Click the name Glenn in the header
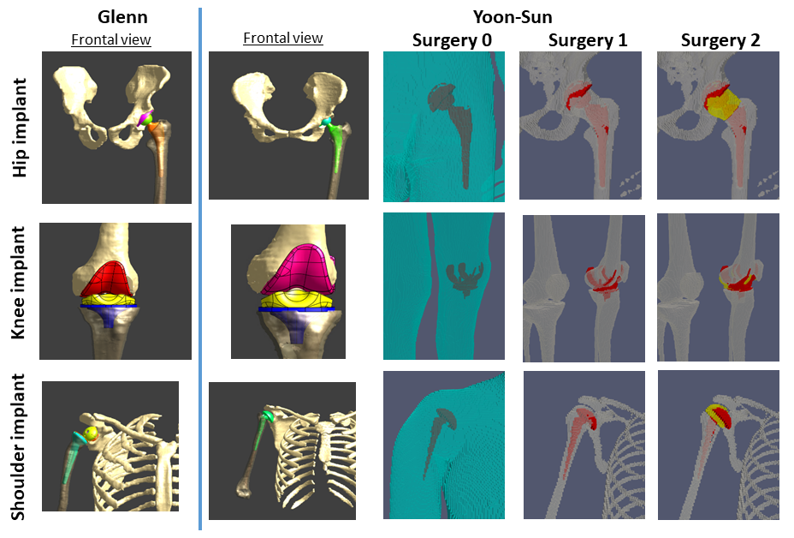tap(110, 16)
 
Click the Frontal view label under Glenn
tap(110, 39)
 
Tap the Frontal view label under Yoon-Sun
tap(282, 38)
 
